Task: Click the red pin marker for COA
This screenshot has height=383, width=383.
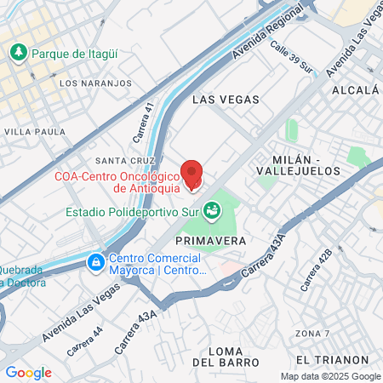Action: [x=193, y=174]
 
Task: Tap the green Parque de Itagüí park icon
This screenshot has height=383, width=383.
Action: [x=18, y=53]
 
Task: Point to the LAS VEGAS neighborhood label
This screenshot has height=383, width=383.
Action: [x=226, y=100]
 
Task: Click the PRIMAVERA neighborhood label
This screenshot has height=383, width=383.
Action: [x=213, y=241]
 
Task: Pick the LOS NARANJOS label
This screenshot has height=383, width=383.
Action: [x=96, y=83]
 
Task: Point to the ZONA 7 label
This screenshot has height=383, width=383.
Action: [x=312, y=332]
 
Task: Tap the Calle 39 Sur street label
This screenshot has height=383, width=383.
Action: [x=292, y=58]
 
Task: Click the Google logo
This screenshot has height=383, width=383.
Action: [x=28, y=373]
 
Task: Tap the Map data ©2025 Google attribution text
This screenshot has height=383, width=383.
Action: [x=331, y=376]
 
